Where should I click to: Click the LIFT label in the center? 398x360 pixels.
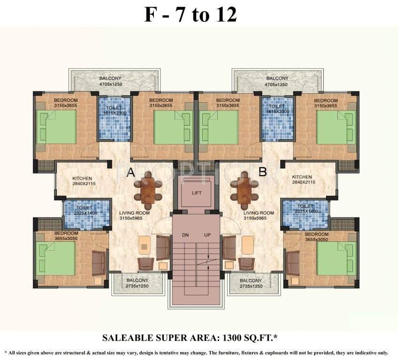point(197,193)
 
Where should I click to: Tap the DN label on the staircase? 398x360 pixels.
point(186,235)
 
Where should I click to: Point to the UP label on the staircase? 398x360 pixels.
point(207,235)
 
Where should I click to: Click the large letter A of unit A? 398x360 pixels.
point(131,172)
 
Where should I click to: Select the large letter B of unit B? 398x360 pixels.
point(262,172)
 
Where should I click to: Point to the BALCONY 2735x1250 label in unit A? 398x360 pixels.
point(137,283)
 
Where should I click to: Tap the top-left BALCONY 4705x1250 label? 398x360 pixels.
point(110,81)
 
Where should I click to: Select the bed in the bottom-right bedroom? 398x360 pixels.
point(337,258)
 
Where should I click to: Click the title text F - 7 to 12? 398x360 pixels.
point(190,15)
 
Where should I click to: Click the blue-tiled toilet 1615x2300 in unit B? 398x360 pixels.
point(277,119)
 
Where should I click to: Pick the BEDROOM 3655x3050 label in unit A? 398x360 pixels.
point(66,236)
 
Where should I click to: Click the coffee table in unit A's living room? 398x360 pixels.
point(145,245)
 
